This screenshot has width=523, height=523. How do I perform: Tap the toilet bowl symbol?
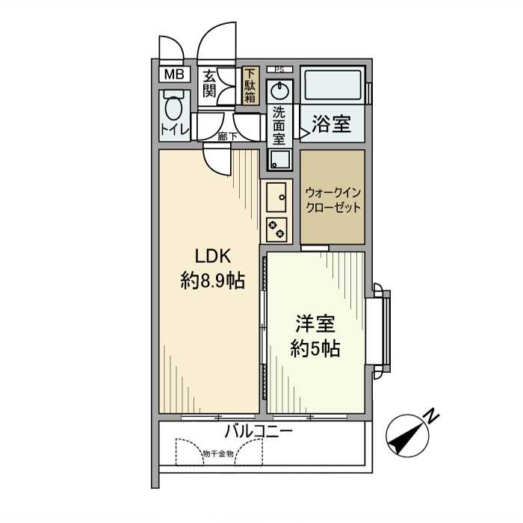(x=174, y=107)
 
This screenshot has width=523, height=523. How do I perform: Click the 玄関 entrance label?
(x=210, y=84)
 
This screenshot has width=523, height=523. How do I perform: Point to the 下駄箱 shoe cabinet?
(x=250, y=84)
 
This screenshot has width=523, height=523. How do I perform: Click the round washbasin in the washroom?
(x=279, y=92)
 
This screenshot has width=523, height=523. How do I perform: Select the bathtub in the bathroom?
(x=332, y=87)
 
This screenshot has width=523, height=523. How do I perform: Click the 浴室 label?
(x=332, y=124)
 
